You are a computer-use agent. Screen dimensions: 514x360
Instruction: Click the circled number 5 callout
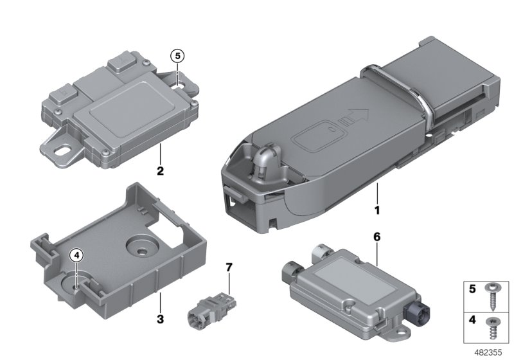(177, 57)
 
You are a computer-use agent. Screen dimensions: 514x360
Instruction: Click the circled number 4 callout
(76, 255)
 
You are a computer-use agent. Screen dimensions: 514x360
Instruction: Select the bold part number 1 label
(377, 210)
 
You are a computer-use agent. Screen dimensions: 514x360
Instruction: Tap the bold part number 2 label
(160, 171)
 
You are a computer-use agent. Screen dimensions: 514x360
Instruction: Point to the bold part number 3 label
(160, 319)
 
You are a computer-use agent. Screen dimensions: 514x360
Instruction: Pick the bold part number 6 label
(377, 237)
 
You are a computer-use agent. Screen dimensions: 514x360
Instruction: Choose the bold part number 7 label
(229, 267)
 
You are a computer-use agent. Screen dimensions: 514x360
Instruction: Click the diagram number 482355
(488, 352)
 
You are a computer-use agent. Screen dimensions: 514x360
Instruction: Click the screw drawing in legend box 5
(491, 298)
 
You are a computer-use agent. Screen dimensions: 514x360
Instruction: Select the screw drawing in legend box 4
(491, 328)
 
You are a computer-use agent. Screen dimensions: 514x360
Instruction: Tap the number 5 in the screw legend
(472, 289)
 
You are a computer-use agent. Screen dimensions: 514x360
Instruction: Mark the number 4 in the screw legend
(472, 319)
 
